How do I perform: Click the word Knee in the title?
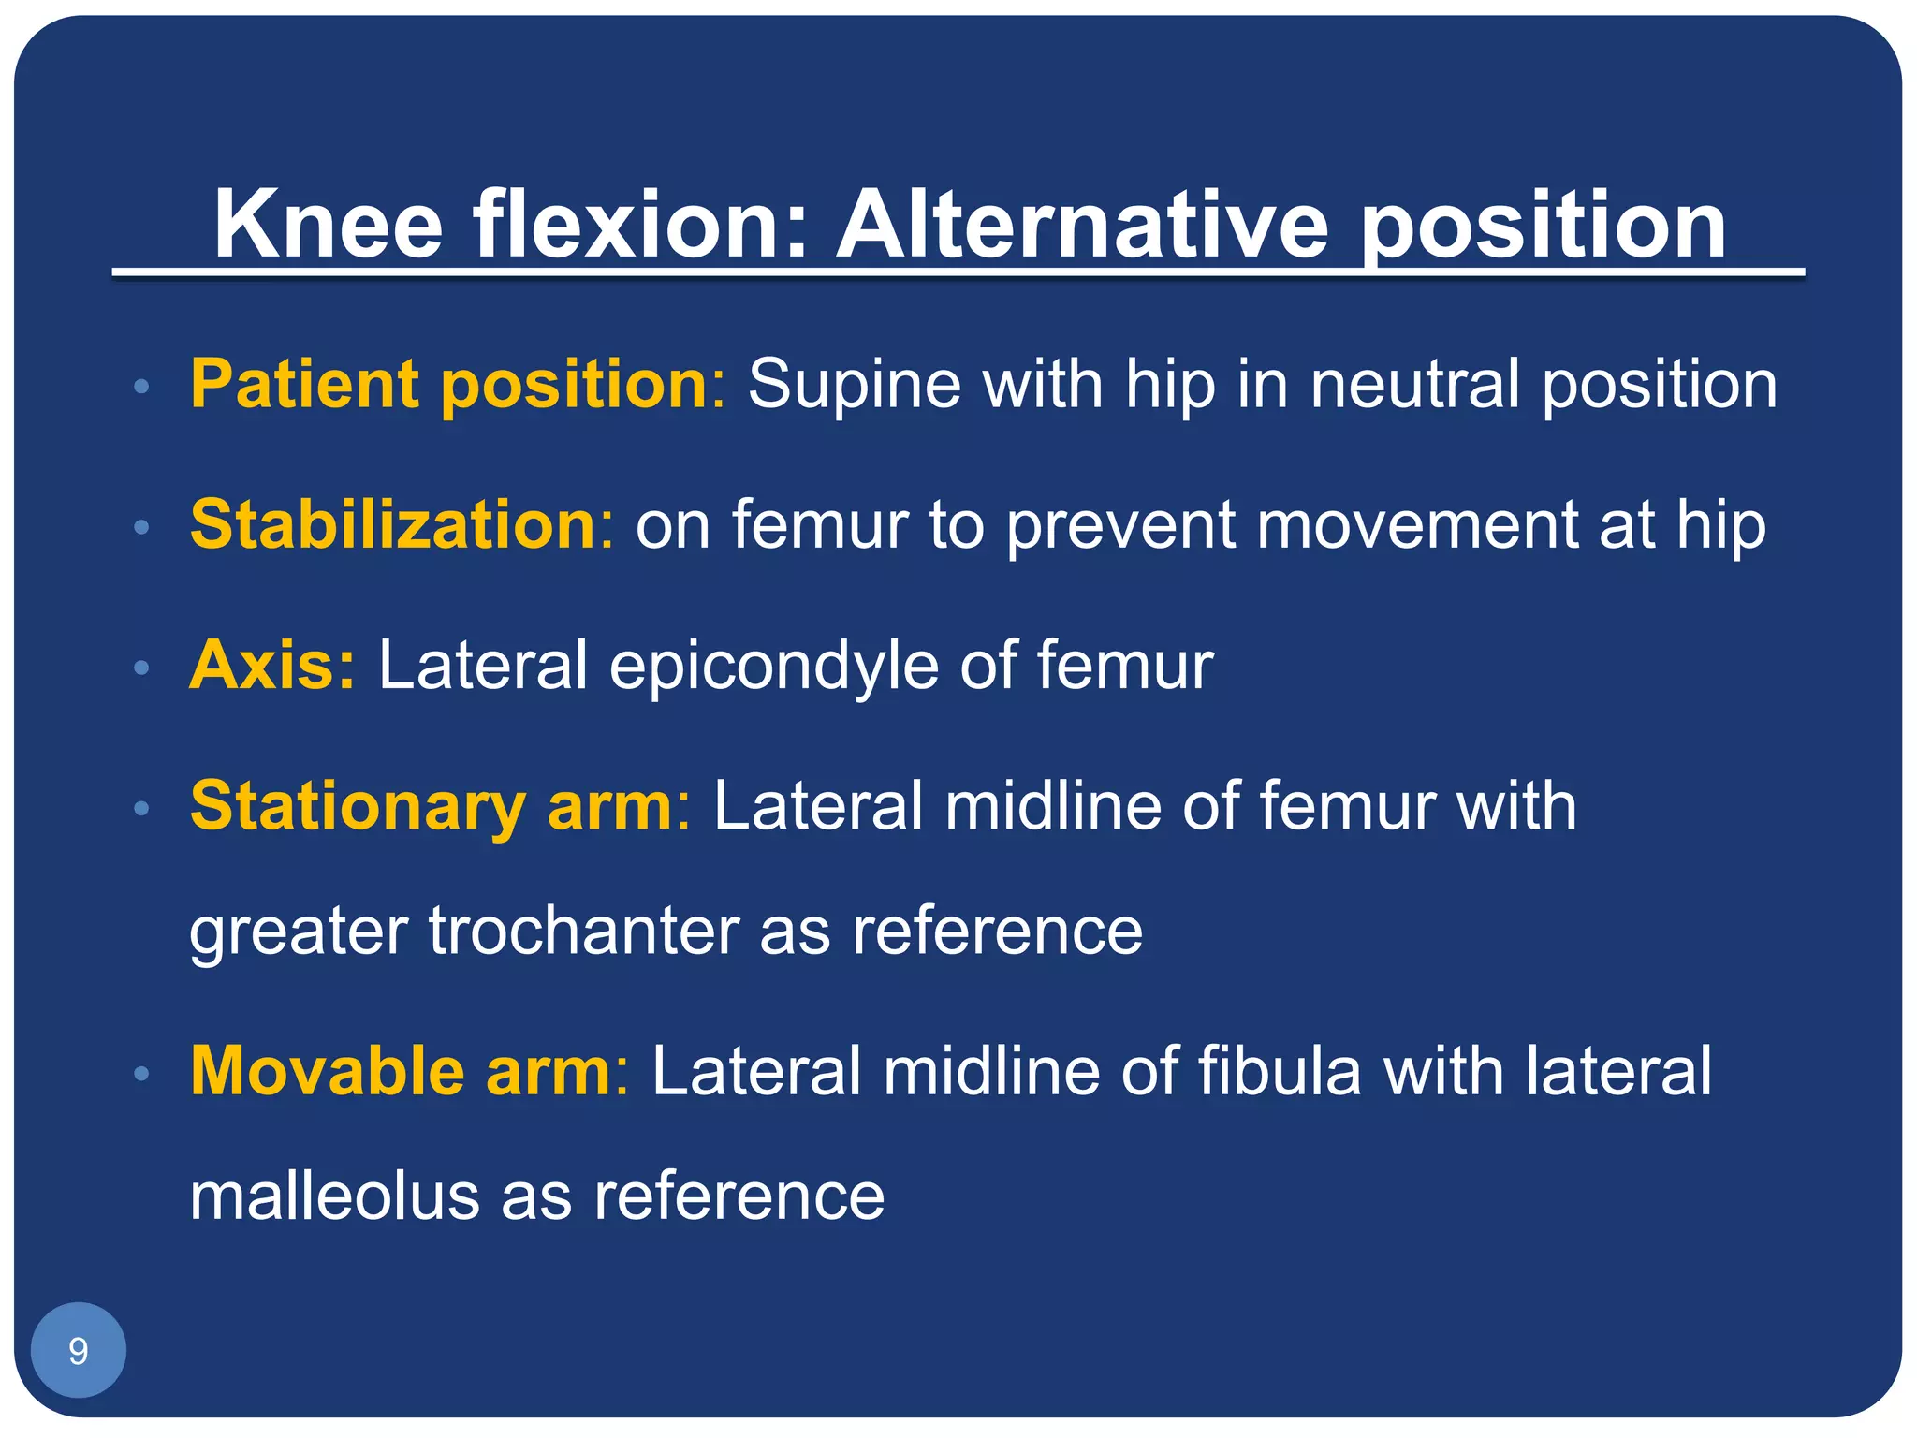point(328,225)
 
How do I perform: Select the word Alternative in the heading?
point(1081,225)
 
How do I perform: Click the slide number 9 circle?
point(79,1350)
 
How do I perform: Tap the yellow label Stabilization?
point(393,524)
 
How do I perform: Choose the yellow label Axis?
point(263,665)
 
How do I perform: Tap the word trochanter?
point(583,931)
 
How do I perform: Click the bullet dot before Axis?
point(141,668)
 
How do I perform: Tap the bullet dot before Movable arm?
point(141,1074)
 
